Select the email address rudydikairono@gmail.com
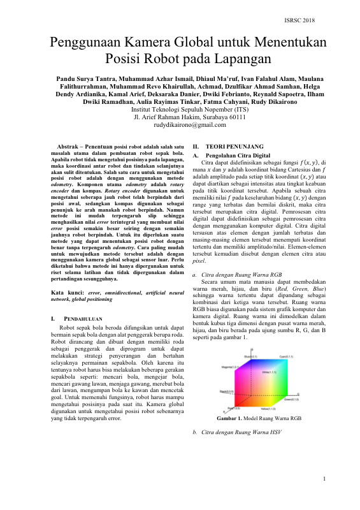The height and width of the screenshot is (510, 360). tap(180, 126)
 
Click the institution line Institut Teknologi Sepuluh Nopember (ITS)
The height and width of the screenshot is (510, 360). tap(180, 109)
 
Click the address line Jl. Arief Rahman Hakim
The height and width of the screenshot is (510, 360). tap(180, 117)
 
